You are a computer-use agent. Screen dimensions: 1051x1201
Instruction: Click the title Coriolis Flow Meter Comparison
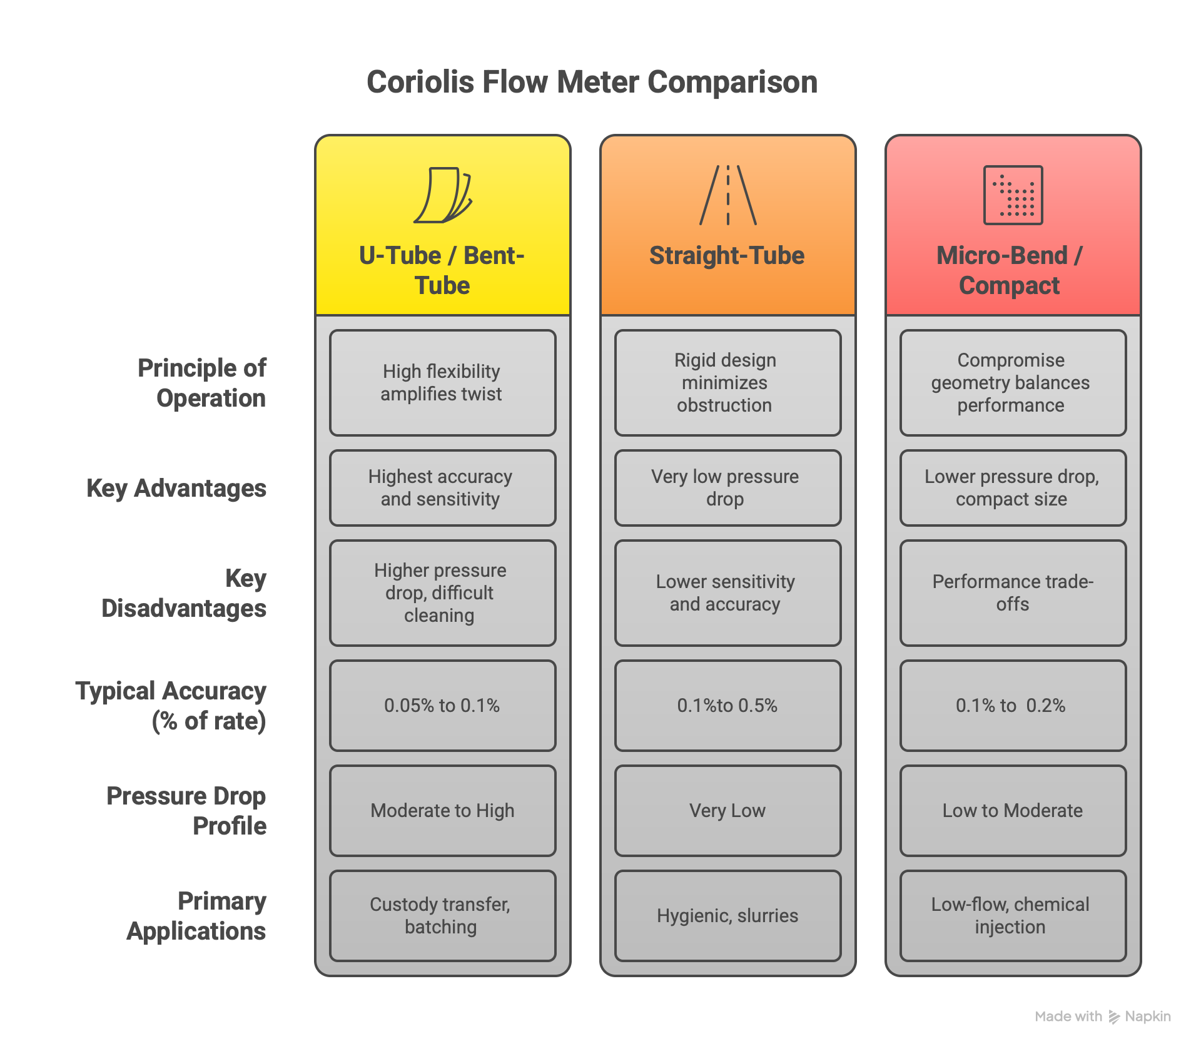592,82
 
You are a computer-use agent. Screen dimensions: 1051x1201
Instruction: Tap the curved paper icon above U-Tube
443,195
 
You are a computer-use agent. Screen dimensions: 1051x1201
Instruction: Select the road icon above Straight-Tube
727,195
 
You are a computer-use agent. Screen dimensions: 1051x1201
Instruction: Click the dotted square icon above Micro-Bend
1013,195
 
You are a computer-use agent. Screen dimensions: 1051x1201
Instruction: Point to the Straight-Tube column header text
727,255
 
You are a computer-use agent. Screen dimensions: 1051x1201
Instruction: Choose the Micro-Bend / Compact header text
1010,270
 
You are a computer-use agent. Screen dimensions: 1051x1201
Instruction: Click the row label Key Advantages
176,488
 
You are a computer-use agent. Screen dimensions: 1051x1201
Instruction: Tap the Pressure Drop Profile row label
186,811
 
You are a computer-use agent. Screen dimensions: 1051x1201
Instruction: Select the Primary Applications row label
196,916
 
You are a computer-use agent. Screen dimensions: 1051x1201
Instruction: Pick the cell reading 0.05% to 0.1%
442,706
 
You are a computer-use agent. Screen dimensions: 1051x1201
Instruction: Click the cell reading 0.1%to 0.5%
727,706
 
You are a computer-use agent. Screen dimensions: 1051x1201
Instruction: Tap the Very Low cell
727,811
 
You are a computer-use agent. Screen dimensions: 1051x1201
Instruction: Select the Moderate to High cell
442,811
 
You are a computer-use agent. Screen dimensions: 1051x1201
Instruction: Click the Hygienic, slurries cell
727,916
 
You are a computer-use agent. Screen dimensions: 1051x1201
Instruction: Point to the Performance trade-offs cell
1013,593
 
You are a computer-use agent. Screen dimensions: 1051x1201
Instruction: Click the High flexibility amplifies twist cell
442,383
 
